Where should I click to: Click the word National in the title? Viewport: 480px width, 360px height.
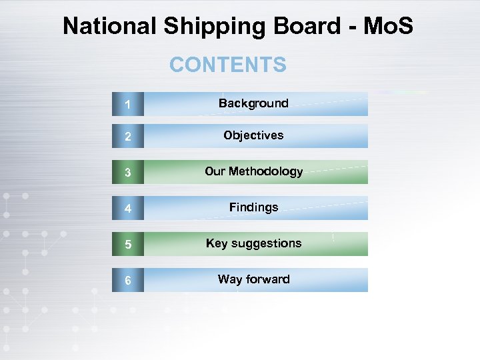click(109, 27)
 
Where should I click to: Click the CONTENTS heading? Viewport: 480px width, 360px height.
click(227, 65)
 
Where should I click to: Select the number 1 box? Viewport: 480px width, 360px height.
click(127, 104)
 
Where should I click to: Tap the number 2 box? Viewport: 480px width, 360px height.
click(127, 136)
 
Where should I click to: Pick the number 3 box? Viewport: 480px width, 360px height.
click(127, 172)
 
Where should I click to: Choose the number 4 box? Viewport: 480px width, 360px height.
click(127, 208)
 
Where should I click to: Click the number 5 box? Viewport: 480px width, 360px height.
click(127, 244)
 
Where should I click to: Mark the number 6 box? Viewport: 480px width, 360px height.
click(127, 280)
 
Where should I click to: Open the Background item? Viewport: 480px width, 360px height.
click(253, 103)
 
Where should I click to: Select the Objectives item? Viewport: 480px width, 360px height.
click(253, 135)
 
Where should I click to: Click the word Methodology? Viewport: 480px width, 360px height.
click(266, 172)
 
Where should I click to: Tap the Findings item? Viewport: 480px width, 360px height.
click(253, 207)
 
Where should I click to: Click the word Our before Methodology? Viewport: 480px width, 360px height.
click(215, 171)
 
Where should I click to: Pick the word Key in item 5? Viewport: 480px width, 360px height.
click(217, 243)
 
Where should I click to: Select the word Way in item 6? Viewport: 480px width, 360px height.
click(229, 279)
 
